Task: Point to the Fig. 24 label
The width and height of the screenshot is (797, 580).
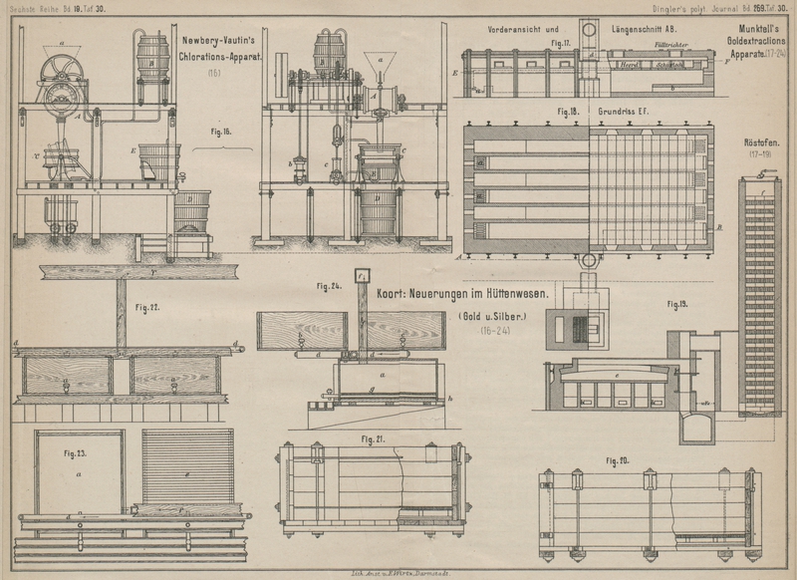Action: [330, 286]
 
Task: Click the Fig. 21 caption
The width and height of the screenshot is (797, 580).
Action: [375, 437]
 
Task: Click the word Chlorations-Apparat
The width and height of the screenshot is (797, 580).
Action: [221, 58]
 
